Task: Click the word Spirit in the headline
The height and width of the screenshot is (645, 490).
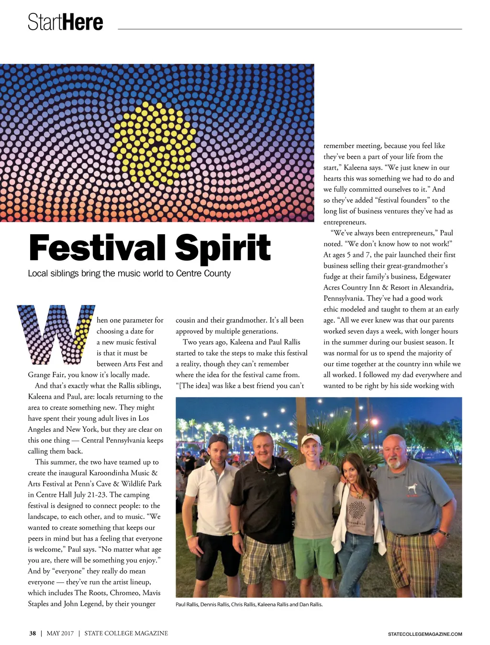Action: (223, 248)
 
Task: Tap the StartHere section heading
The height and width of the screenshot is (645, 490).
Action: (65, 22)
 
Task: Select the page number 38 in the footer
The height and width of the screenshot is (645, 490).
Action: (33, 633)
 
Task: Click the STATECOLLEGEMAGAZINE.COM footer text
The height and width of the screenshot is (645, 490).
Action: (425, 634)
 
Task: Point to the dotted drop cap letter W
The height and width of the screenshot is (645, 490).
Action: (56, 334)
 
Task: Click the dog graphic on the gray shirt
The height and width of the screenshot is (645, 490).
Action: (410, 487)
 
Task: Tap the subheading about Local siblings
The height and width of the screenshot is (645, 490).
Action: (129, 274)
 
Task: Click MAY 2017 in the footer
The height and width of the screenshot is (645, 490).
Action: (60, 633)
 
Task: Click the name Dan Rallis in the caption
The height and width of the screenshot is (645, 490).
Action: (311, 605)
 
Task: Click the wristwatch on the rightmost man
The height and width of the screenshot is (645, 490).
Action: (445, 533)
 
